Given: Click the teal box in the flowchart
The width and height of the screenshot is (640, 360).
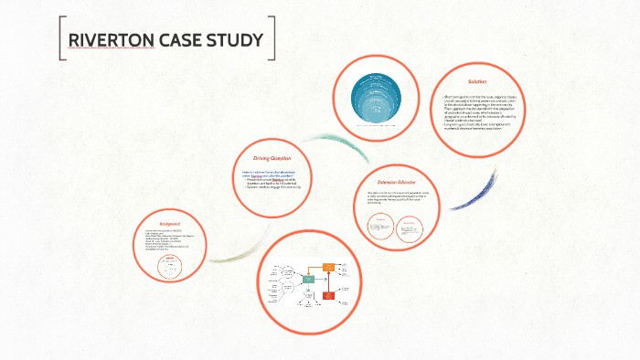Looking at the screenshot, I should click(309, 278).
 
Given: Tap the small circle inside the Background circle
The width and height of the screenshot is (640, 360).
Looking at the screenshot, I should click(168, 264).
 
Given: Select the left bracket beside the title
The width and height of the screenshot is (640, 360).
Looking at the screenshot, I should click(62, 40).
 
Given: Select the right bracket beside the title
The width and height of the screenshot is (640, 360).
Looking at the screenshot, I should click(272, 40).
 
